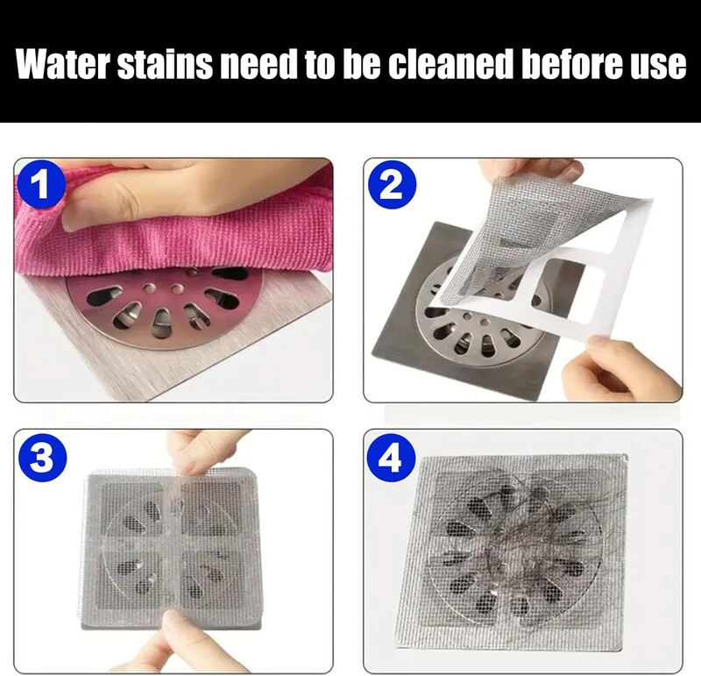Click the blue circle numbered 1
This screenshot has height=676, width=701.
click(x=42, y=185)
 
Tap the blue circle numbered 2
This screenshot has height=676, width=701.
click(x=392, y=185)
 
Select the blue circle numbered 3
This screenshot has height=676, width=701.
click(x=42, y=456)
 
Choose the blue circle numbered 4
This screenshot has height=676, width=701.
click(x=390, y=458)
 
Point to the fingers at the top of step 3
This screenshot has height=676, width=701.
click(x=202, y=452)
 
